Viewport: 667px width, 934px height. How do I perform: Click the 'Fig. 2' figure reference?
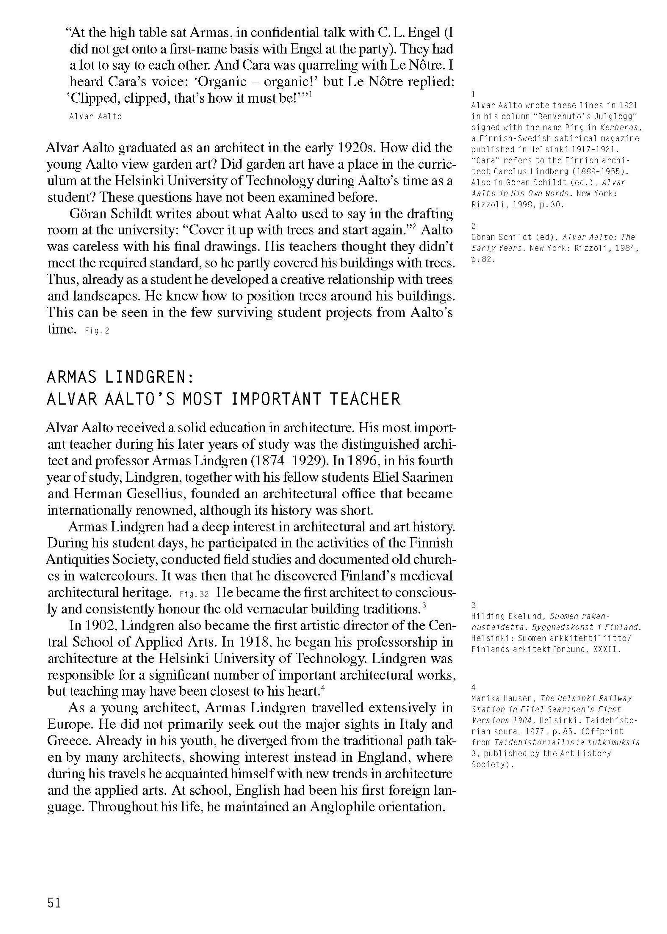[x=97, y=331]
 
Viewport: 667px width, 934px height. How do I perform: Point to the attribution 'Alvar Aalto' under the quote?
[x=96, y=117]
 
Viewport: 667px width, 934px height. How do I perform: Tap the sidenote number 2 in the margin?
[x=474, y=226]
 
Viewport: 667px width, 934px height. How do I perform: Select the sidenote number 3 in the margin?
[x=474, y=605]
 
